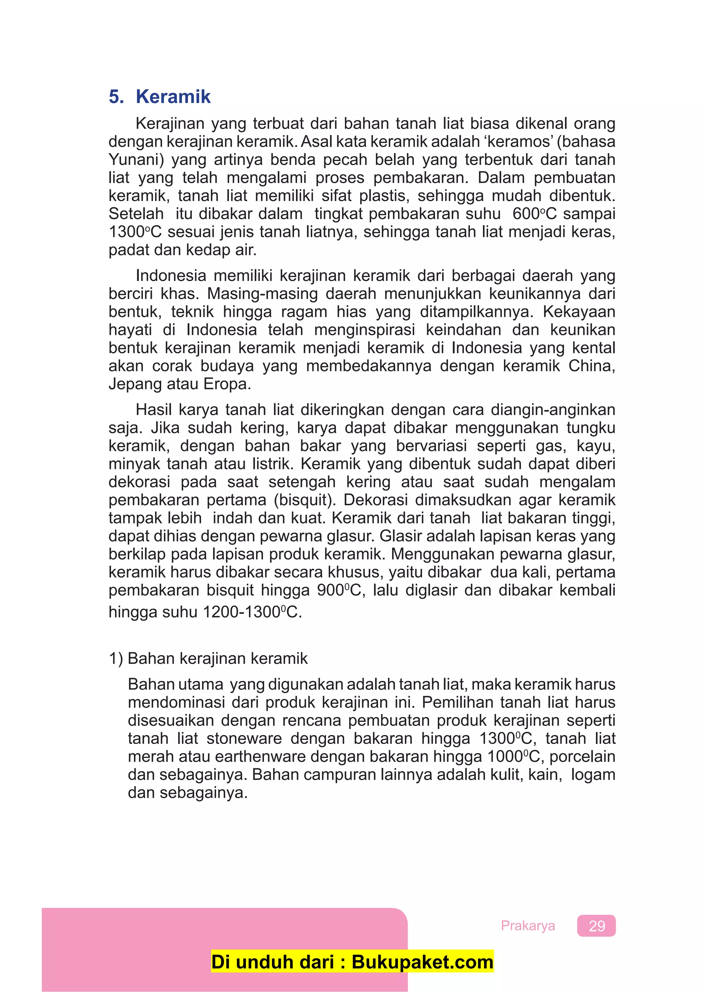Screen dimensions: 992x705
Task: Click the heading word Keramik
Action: point(173,96)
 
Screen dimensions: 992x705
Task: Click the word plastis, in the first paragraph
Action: point(384,196)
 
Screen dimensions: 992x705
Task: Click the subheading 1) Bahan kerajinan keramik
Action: point(208,659)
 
